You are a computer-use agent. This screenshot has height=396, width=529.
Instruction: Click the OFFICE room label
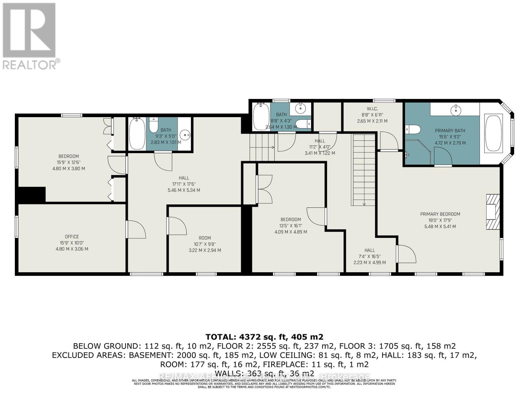pyautogui.click(x=72, y=237)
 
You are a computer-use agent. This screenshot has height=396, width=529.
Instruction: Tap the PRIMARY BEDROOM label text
pyautogui.click(x=440, y=214)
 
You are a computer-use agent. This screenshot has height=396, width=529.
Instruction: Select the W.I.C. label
pyautogui.click(x=372, y=109)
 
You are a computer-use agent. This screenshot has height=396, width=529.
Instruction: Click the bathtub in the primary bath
pyautogui.click(x=493, y=133)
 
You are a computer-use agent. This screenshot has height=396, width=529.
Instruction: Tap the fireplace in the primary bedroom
pyautogui.click(x=492, y=212)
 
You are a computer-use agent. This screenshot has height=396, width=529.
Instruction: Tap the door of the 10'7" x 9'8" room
pyautogui.click(x=177, y=225)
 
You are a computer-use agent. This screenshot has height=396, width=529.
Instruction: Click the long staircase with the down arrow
pyautogui.click(x=363, y=170)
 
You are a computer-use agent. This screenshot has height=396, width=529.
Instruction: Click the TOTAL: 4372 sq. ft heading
pyautogui.click(x=264, y=337)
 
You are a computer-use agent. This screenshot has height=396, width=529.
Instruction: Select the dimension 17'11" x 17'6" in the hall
pyautogui.click(x=184, y=184)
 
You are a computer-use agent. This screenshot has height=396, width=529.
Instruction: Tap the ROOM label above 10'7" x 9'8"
pyautogui.click(x=205, y=238)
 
